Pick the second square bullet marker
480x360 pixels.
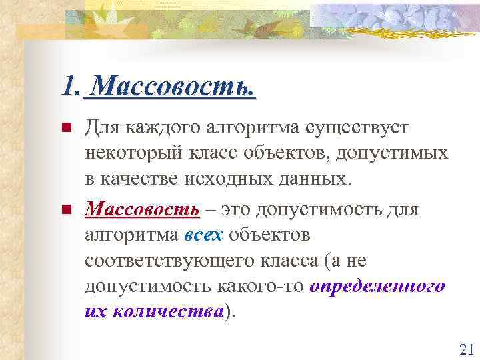click(x=65, y=211)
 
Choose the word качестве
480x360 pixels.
click(x=137, y=178)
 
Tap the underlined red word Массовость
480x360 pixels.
click(x=142, y=211)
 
